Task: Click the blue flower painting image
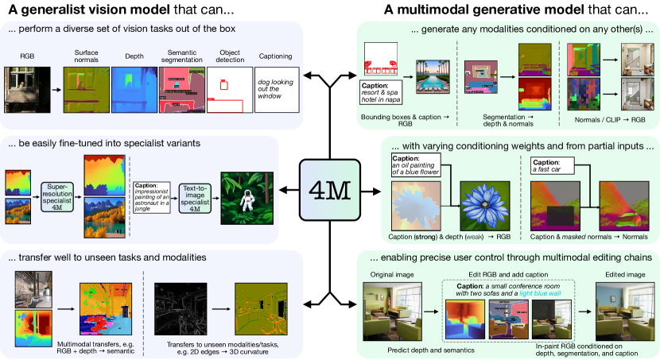tap(482, 207)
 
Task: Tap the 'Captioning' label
tap(275, 57)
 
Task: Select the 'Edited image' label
tap(619, 275)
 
